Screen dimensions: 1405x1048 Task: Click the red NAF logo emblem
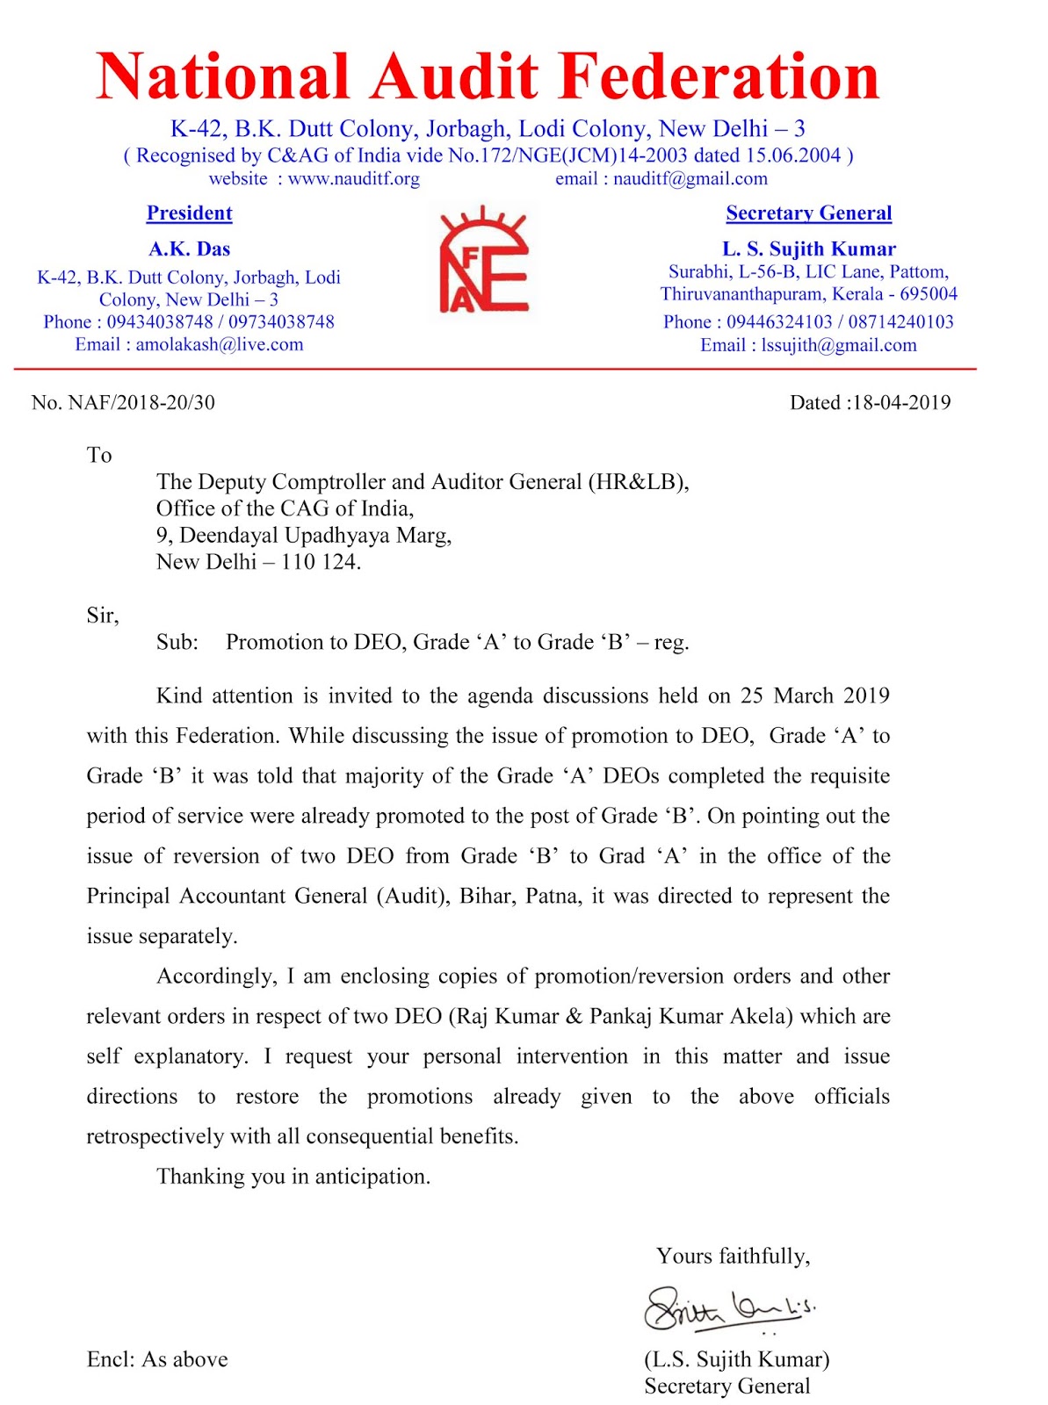tap(482, 262)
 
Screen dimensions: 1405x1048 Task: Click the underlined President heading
tap(189, 213)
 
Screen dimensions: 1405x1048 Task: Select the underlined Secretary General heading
tap(808, 213)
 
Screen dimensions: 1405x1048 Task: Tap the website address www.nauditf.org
tap(353, 179)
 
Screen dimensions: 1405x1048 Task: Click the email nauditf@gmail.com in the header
tap(690, 179)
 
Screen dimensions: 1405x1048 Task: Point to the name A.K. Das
tap(189, 249)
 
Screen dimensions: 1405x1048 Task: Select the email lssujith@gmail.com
tap(838, 345)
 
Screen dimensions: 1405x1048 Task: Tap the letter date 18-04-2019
tap(901, 403)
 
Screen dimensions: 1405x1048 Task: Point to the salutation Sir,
tap(102, 616)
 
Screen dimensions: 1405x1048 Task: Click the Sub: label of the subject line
tap(177, 643)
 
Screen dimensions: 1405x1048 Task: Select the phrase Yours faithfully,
tap(733, 1257)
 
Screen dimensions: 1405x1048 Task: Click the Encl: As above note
tap(157, 1360)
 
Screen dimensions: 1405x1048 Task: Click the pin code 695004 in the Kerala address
tap(928, 294)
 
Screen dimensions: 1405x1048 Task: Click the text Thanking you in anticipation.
tap(293, 1177)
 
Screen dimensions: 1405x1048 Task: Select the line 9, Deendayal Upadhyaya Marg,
tap(304, 536)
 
